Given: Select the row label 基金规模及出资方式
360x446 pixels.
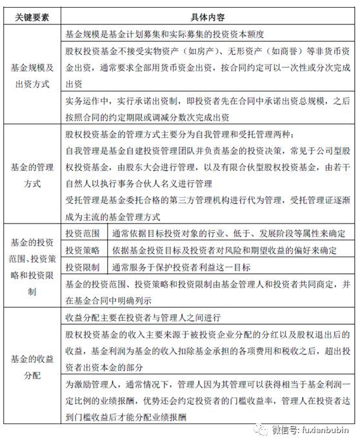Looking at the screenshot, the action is click(x=33, y=75).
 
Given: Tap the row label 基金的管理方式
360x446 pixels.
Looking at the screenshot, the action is click(x=33, y=175).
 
